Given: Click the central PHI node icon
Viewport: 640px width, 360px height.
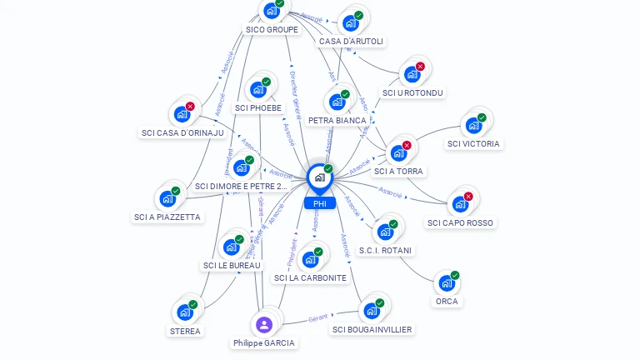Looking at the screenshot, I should coord(319,177).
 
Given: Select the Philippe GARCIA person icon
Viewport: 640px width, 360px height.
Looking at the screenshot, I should coord(264,324).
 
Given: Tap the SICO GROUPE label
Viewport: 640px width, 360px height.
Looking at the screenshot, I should coord(272,29).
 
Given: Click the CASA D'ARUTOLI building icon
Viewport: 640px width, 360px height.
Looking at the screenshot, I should coord(350,23).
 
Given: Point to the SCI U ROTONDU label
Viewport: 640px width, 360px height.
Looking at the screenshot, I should coord(412,92).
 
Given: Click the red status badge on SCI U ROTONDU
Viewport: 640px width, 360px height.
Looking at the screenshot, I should coord(420,66).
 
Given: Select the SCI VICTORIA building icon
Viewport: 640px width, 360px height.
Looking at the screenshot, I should coord(473,126).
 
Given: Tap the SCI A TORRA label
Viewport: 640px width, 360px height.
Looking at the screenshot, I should coord(398,171).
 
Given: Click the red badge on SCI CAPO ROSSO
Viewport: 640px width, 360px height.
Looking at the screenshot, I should coord(468,197).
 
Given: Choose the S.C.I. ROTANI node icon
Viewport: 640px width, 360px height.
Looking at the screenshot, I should coord(384,232).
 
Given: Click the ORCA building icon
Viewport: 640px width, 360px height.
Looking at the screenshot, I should coord(447,283).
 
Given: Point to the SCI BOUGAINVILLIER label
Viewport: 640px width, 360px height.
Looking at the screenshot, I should coord(372,329).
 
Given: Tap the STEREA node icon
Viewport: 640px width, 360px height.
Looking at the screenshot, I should coord(184,312).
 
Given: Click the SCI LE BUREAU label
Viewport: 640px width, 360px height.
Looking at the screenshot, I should coord(232,265).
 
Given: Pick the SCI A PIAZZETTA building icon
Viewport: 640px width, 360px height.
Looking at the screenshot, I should coord(167,199).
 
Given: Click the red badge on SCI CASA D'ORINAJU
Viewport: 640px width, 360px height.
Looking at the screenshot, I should coord(190,107).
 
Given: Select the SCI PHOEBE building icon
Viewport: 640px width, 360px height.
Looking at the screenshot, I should coord(257,89).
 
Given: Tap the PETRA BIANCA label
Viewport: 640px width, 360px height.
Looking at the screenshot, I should coord(337,120).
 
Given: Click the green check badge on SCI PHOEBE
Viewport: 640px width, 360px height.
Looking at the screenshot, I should coord(266,82).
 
